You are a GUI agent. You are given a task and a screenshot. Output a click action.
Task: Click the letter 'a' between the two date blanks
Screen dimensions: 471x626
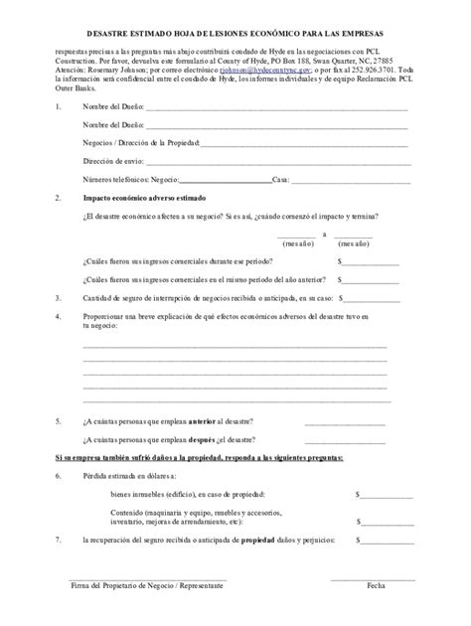324,235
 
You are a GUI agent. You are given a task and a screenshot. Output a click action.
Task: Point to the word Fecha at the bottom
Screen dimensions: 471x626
375,586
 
